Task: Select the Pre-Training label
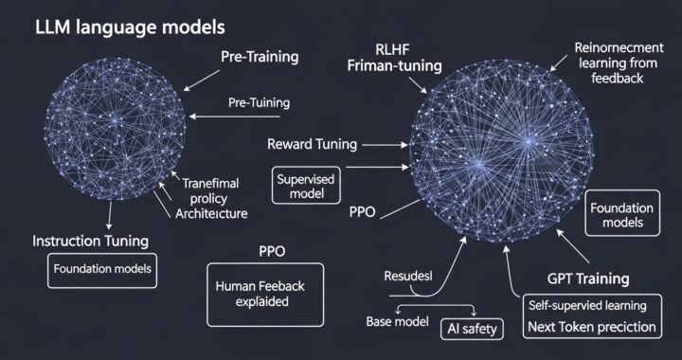260,57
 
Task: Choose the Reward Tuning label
312,145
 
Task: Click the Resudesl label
406,277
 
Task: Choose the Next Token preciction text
593,328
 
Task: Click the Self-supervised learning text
588,305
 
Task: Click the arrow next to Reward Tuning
386,145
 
